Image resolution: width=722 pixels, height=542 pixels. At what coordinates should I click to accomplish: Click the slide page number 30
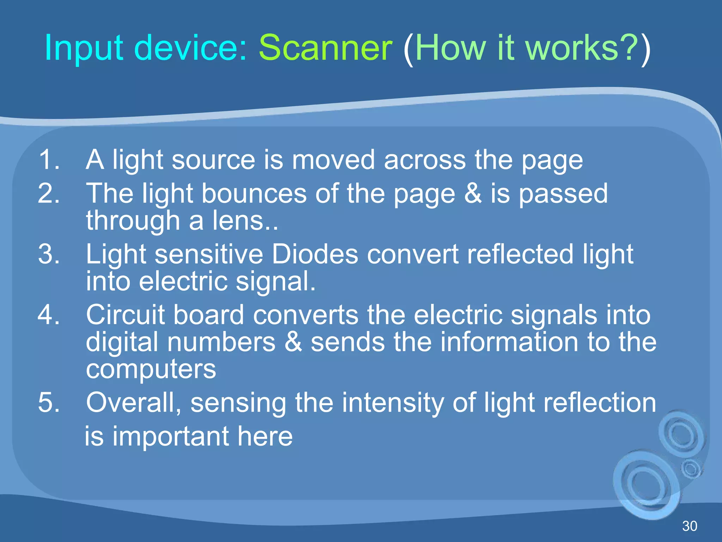point(690,526)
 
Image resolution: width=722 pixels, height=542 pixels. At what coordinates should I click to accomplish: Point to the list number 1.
point(48,160)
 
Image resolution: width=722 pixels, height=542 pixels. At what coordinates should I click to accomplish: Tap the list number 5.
point(48,402)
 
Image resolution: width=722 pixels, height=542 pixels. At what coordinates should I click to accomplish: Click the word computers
point(151,370)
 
